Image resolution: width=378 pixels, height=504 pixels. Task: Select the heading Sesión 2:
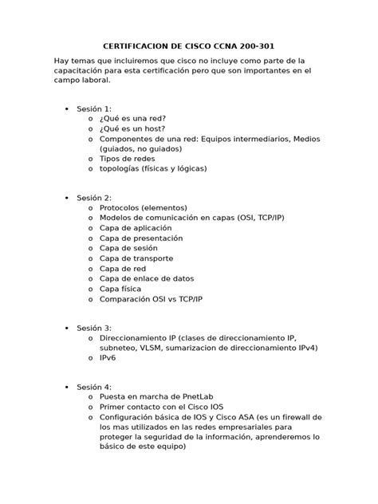coord(94,197)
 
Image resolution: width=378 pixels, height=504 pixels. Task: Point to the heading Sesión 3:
coord(94,328)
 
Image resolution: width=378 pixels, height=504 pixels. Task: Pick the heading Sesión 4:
coord(94,386)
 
